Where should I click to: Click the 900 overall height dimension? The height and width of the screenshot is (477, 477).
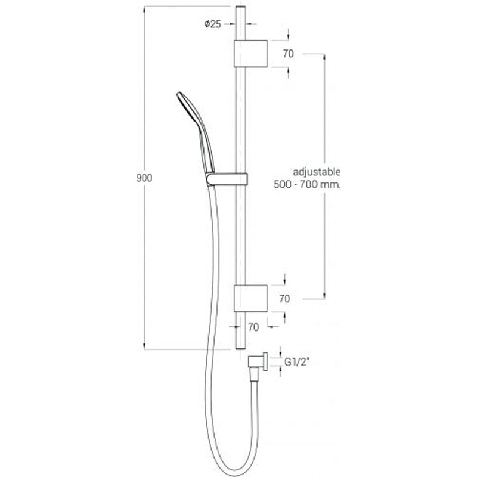pyautogui.click(x=143, y=178)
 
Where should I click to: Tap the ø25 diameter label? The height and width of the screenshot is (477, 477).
pyautogui.click(x=212, y=24)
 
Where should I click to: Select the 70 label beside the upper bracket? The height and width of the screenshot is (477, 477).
pyautogui.click(x=289, y=54)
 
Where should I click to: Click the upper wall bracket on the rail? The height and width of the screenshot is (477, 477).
pyautogui.click(x=250, y=53)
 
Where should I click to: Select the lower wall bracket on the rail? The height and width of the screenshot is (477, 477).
pyautogui.click(x=250, y=299)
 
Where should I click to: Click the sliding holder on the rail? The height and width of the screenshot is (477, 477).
pyautogui.click(x=230, y=177)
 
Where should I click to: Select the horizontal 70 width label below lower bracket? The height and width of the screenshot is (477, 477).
pyautogui.click(x=252, y=326)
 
